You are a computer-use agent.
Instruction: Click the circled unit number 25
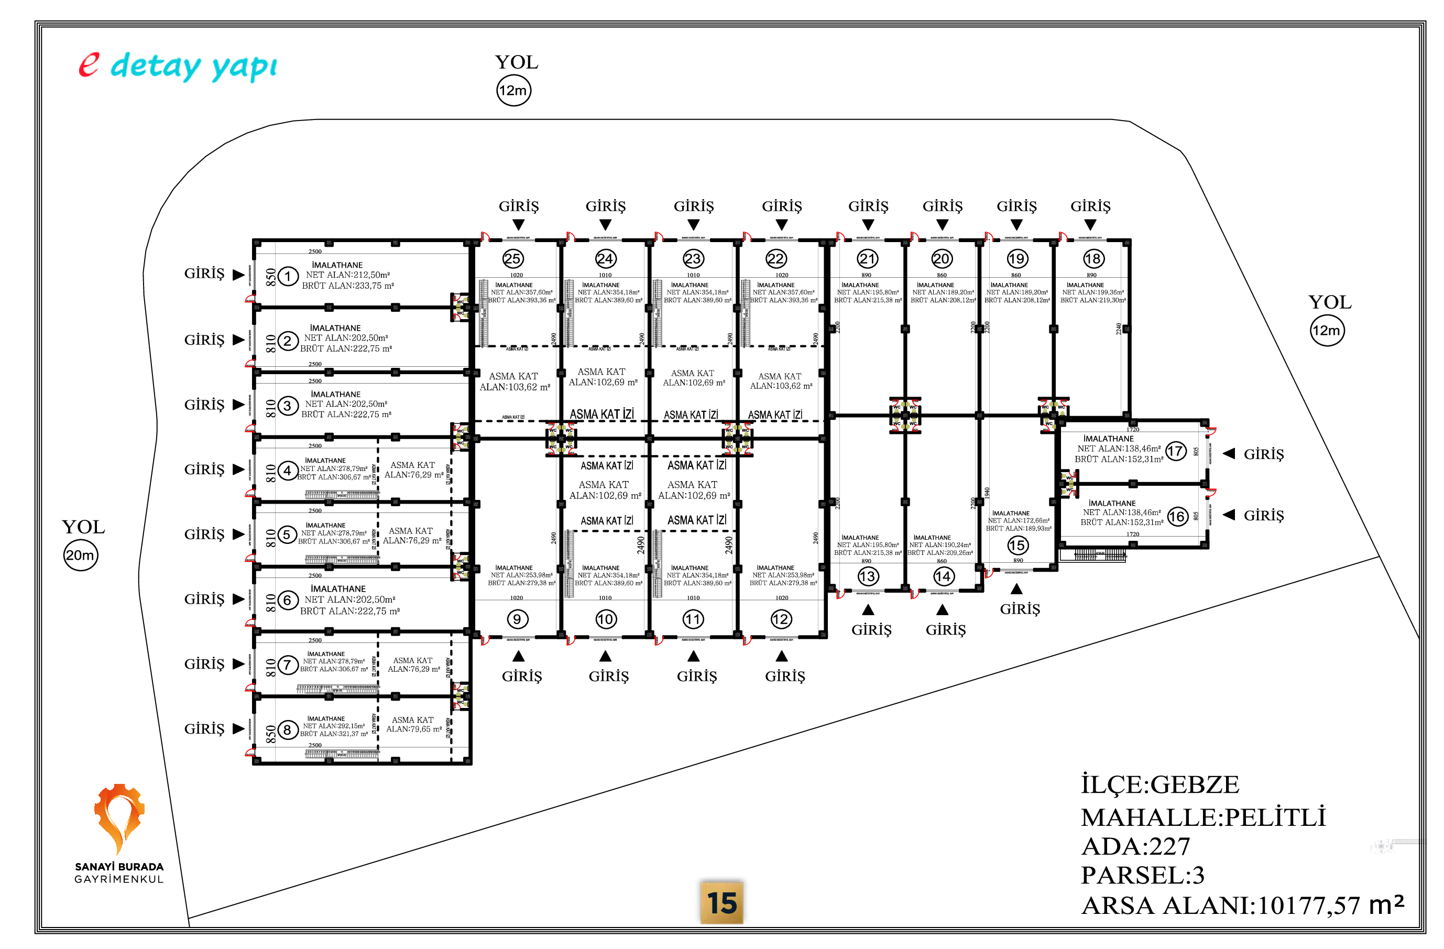coord(512,259)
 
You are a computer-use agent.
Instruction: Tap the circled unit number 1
coord(288,277)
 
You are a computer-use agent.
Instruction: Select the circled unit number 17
coord(1176,451)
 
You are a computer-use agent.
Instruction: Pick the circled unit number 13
coord(868,576)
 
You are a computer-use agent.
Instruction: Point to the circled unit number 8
coord(288,730)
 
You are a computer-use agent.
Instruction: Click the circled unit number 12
coord(780,619)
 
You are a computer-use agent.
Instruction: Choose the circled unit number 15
coord(1018,546)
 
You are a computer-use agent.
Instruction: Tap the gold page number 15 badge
coord(721,903)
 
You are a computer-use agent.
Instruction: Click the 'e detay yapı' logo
coord(178,66)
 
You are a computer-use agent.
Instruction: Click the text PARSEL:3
coord(1142,875)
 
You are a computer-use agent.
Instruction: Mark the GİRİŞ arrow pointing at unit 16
coord(1229,515)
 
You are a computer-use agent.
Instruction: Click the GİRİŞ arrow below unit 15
coord(1017,589)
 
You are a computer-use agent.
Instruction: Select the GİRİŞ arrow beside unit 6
coord(238,599)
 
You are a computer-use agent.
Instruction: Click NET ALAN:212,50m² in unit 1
coord(348,275)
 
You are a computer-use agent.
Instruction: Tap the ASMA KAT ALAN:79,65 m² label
coord(413,725)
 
